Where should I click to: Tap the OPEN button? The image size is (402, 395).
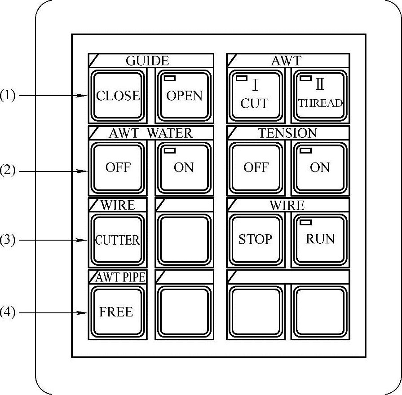click(x=184, y=96)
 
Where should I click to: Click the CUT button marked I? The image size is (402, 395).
click(x=255, y=96)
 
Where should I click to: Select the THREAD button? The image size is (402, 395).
click(x=320, y=96)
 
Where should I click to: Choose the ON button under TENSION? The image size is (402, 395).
click(x=320, y=167)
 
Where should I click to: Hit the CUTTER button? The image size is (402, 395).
click(x=118, y=240)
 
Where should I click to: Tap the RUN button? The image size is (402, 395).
click(x=320, y=240)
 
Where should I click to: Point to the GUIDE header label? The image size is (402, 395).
click(x=147, y=61)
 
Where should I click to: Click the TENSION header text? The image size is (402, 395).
click(x=287, y=133)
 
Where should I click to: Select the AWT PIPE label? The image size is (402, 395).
click(x=120, y=277)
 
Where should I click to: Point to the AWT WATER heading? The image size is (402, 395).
click(x=150, y=133)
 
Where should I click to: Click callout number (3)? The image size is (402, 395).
click(x=8, y=240)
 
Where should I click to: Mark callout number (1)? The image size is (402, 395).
click(x=8, y=96)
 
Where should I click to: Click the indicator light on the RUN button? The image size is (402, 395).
click(x=306, y=223)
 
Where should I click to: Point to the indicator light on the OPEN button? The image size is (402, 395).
click(x=170, y=79)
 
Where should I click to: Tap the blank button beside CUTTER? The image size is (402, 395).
click(x=184, y=240)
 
